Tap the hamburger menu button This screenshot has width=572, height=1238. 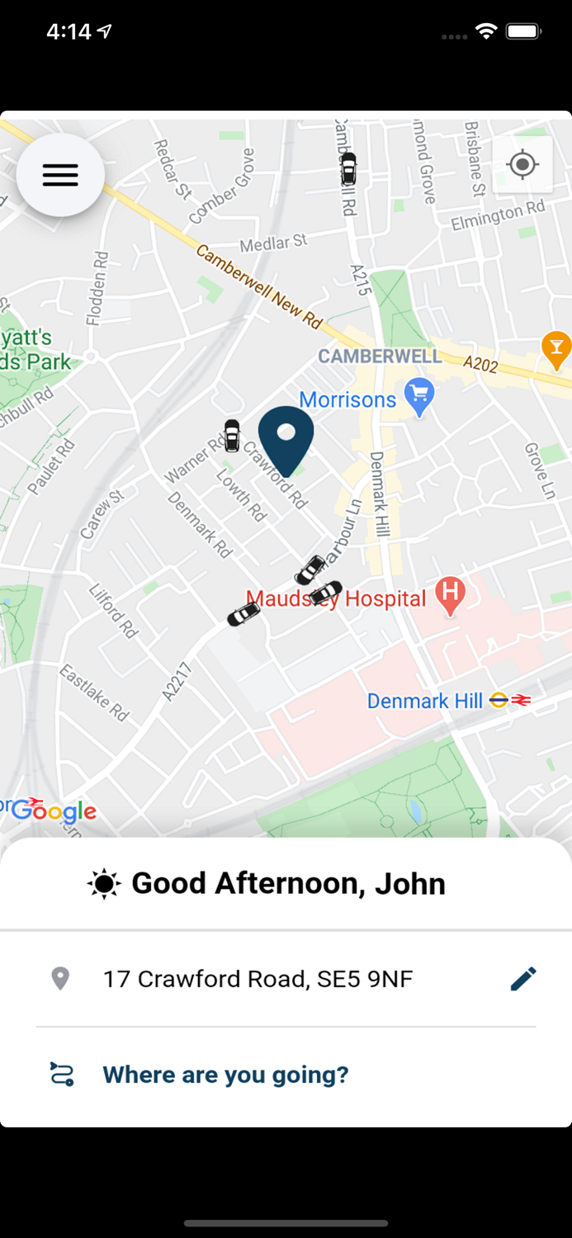pos(60,175)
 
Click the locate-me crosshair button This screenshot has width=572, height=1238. pos(522,165)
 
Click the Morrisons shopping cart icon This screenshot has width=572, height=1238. pos(420,399)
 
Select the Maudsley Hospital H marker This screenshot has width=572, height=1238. pos(450,594)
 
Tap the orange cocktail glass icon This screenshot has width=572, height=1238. pos(556,348)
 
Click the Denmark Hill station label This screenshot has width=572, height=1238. pos(424,702)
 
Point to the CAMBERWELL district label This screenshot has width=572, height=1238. pos(380,357)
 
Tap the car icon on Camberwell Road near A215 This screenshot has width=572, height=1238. pos(349,168)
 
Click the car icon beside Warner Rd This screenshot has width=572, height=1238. pos(232,435)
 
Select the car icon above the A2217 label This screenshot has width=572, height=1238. pos(243,614)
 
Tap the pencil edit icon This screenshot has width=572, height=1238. pos(523,979)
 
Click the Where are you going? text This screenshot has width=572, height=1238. pos(225,1075)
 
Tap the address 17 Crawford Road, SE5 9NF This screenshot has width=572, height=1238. pos(258,979)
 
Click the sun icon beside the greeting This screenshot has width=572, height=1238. pos(104,884)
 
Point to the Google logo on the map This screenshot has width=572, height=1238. pos(53,810)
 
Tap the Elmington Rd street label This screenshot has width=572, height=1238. pos(498,216)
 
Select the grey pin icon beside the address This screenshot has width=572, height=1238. pos(60,979)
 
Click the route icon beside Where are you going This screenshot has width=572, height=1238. pos(62,1075)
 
